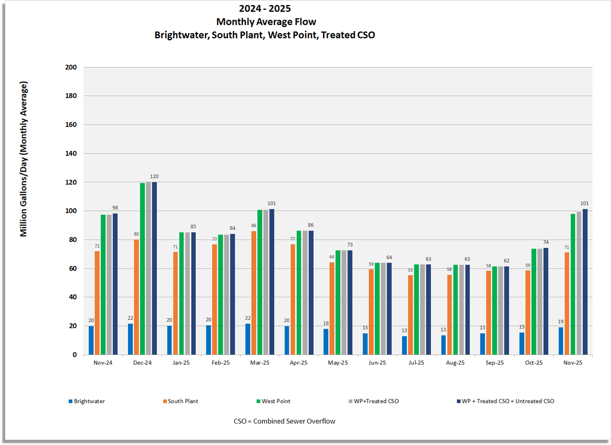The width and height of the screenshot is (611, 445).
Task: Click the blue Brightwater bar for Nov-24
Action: point(91,340)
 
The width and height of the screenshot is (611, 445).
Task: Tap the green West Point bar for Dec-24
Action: point(142,269)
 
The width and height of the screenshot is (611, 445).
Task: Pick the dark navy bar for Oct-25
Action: point(545,301)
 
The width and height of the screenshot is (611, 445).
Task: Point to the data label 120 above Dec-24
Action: point(154,177)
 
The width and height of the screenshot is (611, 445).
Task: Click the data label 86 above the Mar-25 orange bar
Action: point(254,226)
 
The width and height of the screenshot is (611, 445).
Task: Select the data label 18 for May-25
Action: point(326,323)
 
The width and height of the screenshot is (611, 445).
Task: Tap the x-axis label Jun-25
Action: point(377,363)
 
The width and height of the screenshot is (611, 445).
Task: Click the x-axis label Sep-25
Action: point(494,363)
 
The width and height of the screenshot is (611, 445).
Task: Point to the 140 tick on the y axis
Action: point(71,153)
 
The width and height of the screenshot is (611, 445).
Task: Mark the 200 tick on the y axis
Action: point(71,67)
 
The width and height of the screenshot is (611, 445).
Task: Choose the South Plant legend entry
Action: point(183,401)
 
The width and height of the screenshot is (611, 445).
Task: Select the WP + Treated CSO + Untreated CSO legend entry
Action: point(507,401)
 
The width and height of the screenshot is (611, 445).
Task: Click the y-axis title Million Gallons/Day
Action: point(23,159)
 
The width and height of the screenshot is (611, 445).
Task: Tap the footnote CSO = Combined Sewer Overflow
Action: point(284,421)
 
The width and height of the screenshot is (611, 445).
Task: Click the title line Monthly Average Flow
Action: point(266,22)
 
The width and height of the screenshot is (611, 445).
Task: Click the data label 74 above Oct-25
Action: point(546,242)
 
